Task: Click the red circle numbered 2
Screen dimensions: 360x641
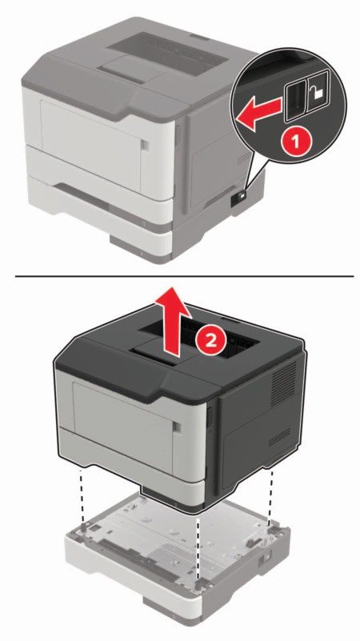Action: [x=211, y=341]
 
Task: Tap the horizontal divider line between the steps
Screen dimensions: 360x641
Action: [x=184, y=276]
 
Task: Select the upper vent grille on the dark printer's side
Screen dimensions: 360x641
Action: [x=282, y=382]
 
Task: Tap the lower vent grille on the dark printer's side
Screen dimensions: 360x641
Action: [x=279, y=437]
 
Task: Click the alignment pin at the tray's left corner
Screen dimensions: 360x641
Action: [x=85, y=527]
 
